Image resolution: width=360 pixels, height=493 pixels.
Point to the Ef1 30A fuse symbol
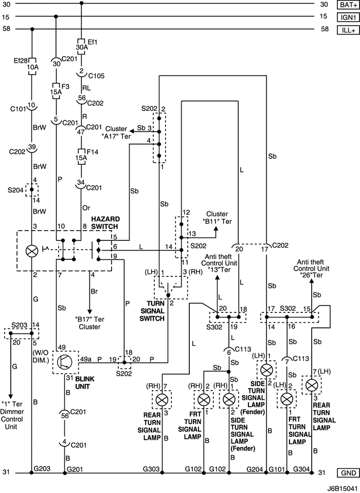tap(81, 44)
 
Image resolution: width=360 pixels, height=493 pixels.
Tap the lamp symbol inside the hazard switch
tap(32, 251)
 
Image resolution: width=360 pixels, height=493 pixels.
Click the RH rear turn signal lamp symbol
tap(163, 400)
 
